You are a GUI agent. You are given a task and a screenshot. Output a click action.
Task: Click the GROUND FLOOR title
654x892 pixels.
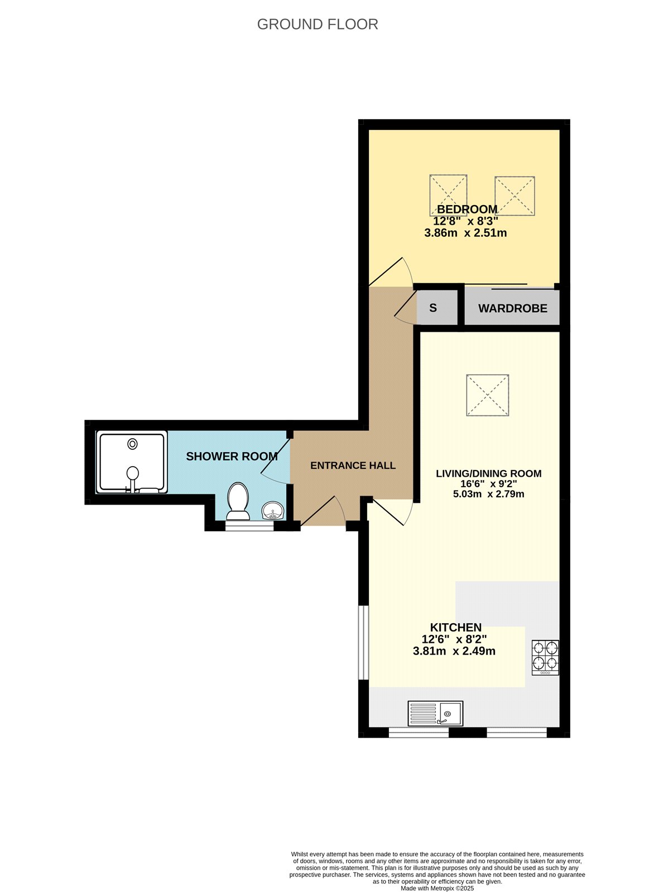(x=318, y=25)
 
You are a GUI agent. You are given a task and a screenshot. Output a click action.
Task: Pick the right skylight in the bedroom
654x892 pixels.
(x=514, y=195)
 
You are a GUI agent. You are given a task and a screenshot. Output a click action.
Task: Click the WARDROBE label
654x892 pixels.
(x=512, y=308)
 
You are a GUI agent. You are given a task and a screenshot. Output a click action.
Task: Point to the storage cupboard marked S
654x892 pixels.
(x=433, y=308)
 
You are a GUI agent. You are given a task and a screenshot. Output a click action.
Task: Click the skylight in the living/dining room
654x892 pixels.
(x=487, y=395)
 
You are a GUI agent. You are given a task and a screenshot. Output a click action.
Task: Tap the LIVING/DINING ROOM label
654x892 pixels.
(x=488, y=473)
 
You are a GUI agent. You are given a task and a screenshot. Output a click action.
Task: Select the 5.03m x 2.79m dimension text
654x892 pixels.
(x=488, y=494)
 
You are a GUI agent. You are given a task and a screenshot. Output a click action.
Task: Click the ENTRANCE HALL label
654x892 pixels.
(x=353, y=466)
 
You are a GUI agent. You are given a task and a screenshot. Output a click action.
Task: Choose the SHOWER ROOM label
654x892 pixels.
(x=232, y=457)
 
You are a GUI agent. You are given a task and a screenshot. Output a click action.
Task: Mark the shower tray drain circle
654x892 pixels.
(x=132, y=444)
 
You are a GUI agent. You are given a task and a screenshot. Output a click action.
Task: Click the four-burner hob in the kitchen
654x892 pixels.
(x=545, y=657)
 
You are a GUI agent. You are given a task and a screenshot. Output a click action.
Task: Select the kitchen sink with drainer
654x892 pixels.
(x=435, y=713)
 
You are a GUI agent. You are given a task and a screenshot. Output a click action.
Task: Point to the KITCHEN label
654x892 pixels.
(x=455, y=627)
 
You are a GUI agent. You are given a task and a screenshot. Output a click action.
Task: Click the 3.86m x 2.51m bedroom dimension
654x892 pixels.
(x=465, y=233)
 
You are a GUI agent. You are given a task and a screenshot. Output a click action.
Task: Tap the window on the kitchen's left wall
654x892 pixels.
(x=363, y=642)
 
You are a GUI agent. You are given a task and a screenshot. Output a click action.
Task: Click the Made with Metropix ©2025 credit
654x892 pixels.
(x=437, y=888)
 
